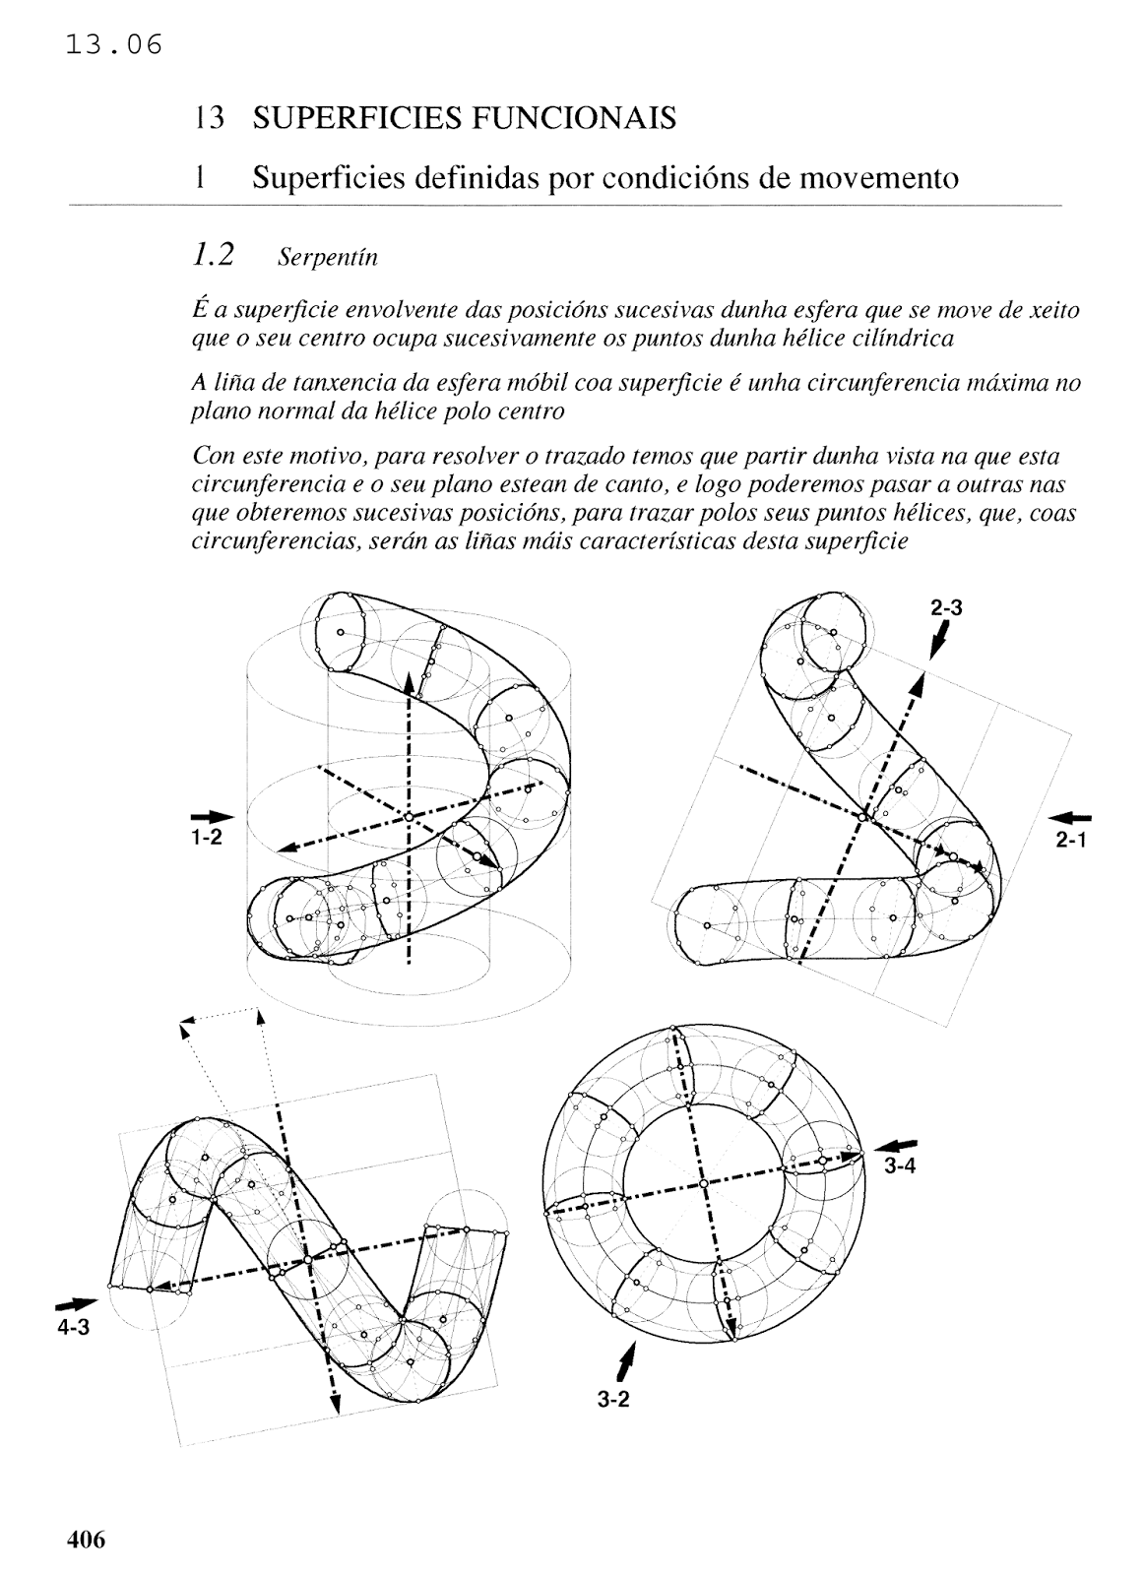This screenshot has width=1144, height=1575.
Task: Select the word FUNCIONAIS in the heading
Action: [x=571, y=119]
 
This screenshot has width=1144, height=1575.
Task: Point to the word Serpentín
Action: [x=327, y=258]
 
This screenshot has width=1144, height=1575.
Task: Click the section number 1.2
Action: [x=214, y=256]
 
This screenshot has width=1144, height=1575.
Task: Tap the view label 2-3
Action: [x=945, y=608]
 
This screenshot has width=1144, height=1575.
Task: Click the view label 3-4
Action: [x=901, y=1166]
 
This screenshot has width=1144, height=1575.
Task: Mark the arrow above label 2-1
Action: [x=1071, y=817]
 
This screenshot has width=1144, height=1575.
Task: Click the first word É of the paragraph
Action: [x=197, y=310]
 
